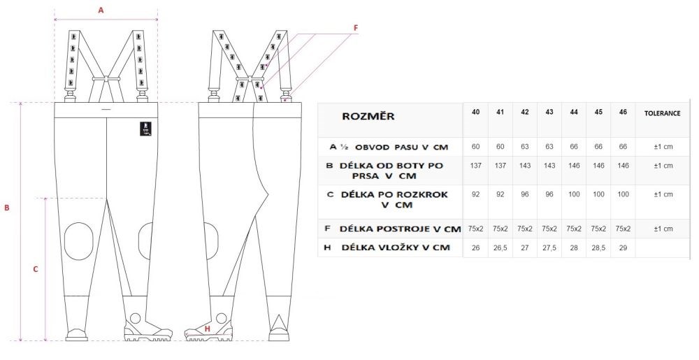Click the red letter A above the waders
pyautogui.click(x=101, y=10)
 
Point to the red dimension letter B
pyautogui.click(x=7, y=208)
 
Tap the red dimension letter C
pyautogui.click(x=36, y=269)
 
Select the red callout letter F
pyautogui.click(x=356, y=28)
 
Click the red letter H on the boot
pyautogui.click(x=208, y=329)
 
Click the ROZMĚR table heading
pyautogui.click(x=368, y=116)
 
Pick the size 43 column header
pyautogui.click(x=549, y=113)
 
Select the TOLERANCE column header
pyautogui.click(x=663, y=113)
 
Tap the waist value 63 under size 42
pyautogui.click(x=525, y=147)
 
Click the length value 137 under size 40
pyautogui.click(x=475, y=165)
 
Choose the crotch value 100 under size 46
pyautogui.click(x=624, y=194)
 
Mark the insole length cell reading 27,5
pyautogui.click(x=549, y=247)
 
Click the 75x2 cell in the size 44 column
pyautogui.click(x=574, y=229)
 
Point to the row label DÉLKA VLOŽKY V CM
pyautogui.click(x=396, y=247)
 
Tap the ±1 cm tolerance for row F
pyautogui.click(x=663, y=229)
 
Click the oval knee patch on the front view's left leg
pyautogui.click(x=78, y=241)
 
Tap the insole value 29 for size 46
pyautogui.click(x=624, y=247)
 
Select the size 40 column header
pyautogui.click(x=475, y=113)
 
